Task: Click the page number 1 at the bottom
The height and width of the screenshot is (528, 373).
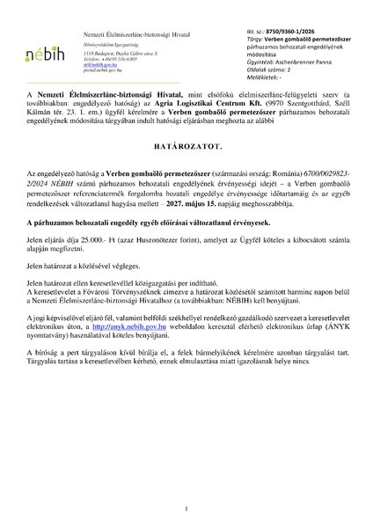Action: (x=186, y=510)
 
